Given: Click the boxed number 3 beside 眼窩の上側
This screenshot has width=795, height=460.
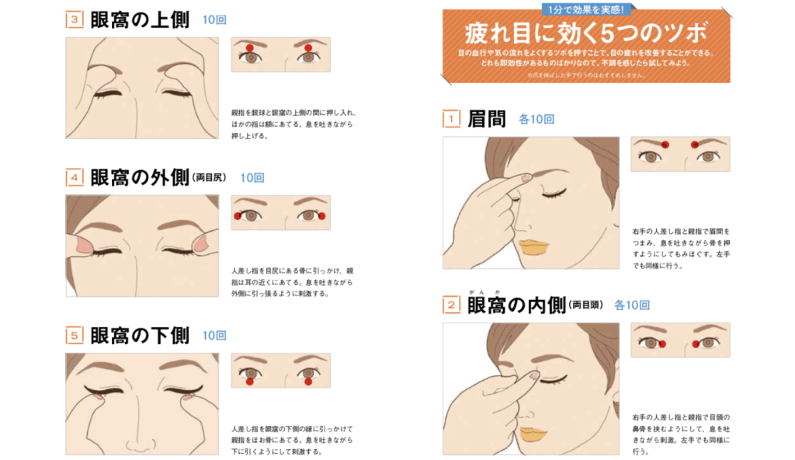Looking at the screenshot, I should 75,20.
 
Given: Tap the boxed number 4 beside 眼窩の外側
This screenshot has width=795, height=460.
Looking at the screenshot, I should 75,178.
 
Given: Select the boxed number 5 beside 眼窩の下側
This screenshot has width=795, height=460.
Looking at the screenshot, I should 75,336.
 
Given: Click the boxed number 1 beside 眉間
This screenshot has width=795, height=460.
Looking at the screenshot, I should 451,119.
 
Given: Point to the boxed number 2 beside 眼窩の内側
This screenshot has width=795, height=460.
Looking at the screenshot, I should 451,305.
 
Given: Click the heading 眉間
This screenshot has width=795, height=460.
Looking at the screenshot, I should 487,119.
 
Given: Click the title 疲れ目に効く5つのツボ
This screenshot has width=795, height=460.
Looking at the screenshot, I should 586,34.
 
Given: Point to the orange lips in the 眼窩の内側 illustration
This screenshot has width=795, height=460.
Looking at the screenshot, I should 533,434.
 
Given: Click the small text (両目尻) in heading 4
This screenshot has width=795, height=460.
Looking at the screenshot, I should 209,179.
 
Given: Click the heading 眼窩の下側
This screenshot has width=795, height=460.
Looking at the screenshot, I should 140,336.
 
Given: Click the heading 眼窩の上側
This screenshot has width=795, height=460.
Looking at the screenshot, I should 140,20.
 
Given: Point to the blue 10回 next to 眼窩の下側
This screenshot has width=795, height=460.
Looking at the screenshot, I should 214,336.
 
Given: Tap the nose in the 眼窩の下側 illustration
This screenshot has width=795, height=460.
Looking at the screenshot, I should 137,443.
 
